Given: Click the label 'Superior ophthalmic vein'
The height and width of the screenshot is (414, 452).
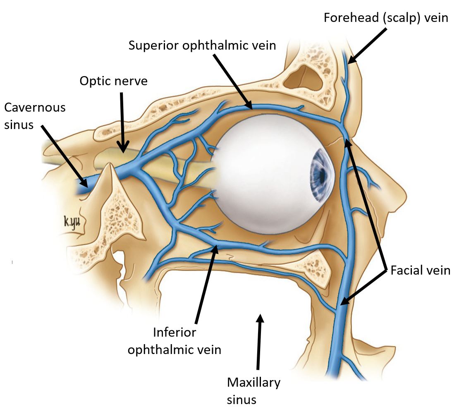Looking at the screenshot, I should pos(202,45).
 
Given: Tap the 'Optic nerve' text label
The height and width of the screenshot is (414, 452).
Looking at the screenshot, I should pos(113,81).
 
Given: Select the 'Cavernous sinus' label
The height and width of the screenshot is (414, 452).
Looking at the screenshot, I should pos(35,116).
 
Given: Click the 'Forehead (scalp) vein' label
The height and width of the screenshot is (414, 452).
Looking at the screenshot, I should pos(386,18).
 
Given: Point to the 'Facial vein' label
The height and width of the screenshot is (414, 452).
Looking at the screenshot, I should pos(420,270).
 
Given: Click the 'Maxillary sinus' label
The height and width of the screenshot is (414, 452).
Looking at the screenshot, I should pos(254,391).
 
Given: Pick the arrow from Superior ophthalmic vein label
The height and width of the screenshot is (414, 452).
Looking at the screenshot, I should pos(232,81).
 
